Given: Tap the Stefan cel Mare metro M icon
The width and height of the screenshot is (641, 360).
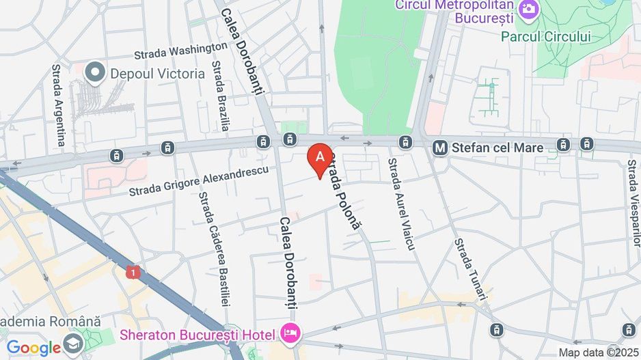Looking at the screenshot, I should tap(440, 147).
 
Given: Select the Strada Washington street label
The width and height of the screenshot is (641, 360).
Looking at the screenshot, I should tap(180, 51).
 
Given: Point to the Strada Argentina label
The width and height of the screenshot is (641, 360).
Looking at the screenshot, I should tap(59, 106).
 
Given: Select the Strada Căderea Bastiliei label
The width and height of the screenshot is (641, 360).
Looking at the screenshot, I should tap(214, 249).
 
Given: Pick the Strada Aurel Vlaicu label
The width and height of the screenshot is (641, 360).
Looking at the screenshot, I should tap(401, 204).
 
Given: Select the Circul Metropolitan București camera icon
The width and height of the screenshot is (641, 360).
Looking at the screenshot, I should tap(528, 9).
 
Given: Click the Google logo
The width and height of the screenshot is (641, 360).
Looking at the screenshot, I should tap(34, 348).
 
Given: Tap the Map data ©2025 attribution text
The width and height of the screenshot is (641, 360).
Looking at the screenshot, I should tap(599, 352).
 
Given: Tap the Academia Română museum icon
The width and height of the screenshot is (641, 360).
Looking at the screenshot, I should tap(73, 342).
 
